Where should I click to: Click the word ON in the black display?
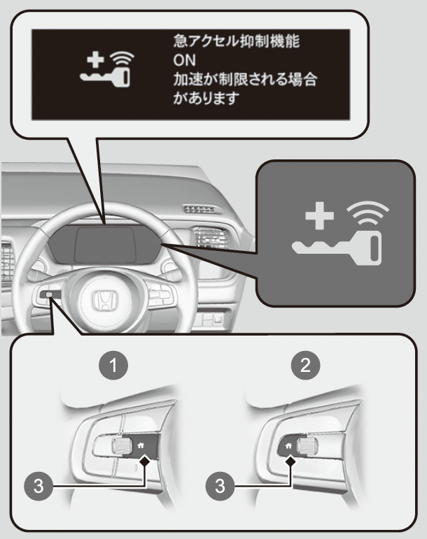coord(184,60)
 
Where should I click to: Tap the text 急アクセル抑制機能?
coord(237,41)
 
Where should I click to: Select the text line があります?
coord(206,99)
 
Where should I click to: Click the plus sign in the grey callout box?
coord(320,215)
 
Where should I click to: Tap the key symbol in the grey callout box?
coord(337,248)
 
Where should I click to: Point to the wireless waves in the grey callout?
coord(367,213)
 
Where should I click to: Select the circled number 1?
coord(113,366)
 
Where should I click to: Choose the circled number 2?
coord(305,366)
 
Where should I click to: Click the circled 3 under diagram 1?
coord(38,486)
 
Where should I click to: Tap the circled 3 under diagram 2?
coord(220,486)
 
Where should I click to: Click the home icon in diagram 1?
coord(141,445)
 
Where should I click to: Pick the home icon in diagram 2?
coord(288,445)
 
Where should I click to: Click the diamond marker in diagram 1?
coord(145,461)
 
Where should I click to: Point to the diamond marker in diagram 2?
coord(291,461)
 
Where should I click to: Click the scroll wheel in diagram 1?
coord(122,446)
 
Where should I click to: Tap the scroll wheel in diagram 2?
coord(307,446)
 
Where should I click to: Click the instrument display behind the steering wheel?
coord(104,244)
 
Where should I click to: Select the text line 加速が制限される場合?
coord(245,80)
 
